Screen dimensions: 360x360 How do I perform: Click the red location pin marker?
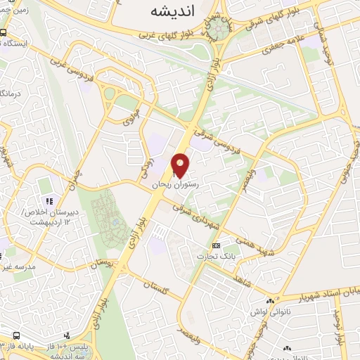[x=181, y=165]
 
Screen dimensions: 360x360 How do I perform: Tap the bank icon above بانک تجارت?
[x=217, y=245]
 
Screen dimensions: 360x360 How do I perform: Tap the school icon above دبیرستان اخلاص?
[x=46, y=186]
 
